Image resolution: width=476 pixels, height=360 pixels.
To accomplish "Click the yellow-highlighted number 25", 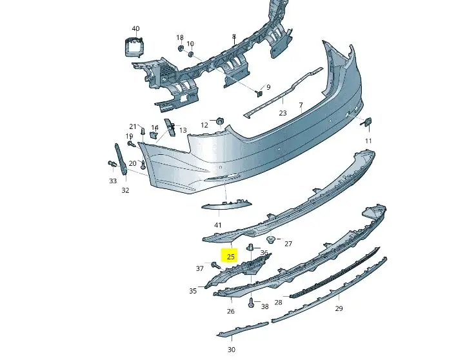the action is pos(231,257).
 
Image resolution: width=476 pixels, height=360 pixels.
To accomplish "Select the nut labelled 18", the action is pos(180,48).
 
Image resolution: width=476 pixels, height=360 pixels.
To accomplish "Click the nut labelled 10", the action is pos(191,54).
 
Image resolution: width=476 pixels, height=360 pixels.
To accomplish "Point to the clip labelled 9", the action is pos(259,93).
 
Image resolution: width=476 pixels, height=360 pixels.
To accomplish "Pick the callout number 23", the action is pos(283,113).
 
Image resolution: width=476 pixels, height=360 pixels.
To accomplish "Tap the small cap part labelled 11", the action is pos(368,122).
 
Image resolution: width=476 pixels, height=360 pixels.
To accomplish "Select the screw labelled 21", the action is pos(143,132).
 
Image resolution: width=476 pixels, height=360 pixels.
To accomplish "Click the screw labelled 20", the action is pos(143,165).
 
